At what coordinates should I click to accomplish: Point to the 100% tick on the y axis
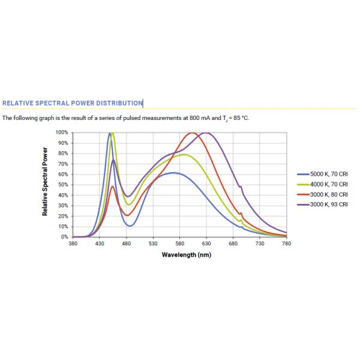pyautogui.click(x=62, y=132)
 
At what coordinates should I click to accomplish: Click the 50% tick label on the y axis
pyautogui.click(x=63, y=185)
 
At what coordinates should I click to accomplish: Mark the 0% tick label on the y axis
pyautogui.click(x=64, y=237)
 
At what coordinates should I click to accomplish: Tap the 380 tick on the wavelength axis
pyautogui.click(x=73, y=244)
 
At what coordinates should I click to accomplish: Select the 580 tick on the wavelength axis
pyautogui.click(x=180, y=244)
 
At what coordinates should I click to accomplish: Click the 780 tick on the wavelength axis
pyautogui.click(x=286, y=244)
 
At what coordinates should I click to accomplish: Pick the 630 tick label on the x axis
pyautogui.click(x=206, y=244)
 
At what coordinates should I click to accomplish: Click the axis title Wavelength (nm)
pyautogui.click(x=186, y=254)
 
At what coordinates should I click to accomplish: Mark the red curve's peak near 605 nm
pyautogui.click(x=193, y=133)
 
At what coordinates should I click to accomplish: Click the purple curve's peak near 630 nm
pyautogui.click(x=206, y=133)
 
